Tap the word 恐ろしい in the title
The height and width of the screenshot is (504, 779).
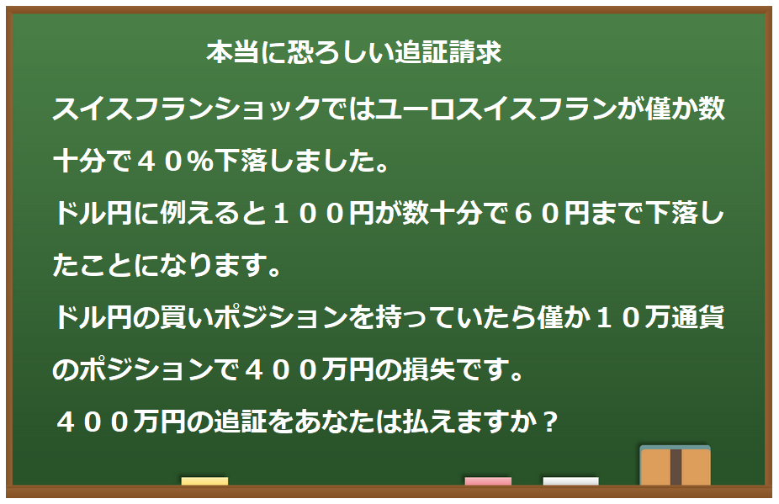point(335,53)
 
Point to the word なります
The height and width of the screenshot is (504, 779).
point(215,268)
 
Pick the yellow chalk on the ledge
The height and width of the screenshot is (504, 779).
point(204,481)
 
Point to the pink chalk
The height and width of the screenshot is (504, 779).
point(488,481)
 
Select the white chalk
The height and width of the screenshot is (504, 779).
point(570,481)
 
